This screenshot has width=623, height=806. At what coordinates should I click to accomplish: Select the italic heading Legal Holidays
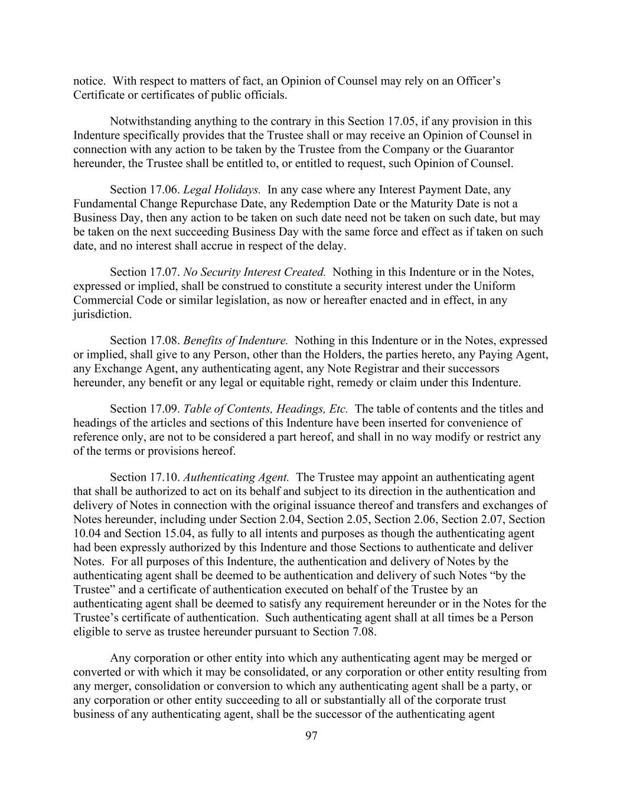tap(222, 190)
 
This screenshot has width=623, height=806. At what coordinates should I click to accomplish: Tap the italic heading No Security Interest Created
tap(255, 272)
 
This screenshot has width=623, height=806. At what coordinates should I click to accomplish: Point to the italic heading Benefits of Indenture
tap(236, 340)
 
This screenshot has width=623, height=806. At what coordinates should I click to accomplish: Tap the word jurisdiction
tap(102, 314)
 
